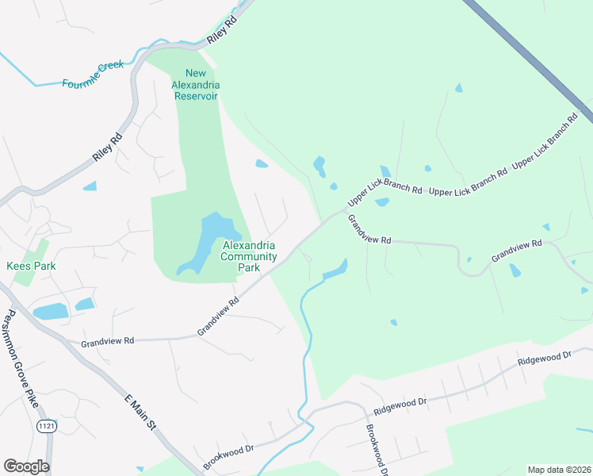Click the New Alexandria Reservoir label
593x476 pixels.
pyautogui.click(x=196, y=85)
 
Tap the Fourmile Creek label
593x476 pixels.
pyautogui.click(x=93, y=74)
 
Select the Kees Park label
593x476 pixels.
pyautogui.click(x=31, y=266)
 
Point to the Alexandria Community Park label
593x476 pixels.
pyautogui.click(x=249, y=256)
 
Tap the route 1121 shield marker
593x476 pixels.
pyautogui.click(x=46, y=426)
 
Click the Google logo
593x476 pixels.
pyautogui.click(x=26, y=466)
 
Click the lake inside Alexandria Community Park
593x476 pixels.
pyautogui.click(x=208, y=238)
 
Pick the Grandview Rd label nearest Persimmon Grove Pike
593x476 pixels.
pyautogui.click(x=108, y=340)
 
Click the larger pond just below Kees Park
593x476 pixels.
pyautogui.click(x=50, y=312)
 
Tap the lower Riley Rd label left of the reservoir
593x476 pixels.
pyautogui.click(x=108, y=148)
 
